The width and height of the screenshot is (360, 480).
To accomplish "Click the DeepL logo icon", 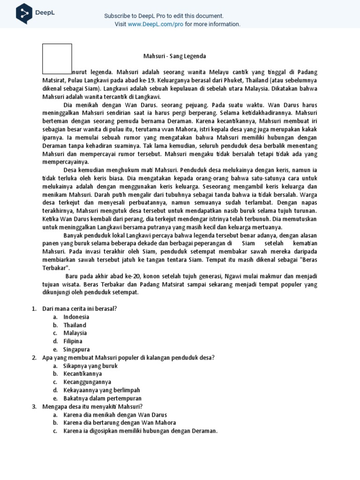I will [x=24, y=14].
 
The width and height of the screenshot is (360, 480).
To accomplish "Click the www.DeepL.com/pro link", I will [x=155, y=24].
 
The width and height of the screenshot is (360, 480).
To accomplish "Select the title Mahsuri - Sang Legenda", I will [x=174, y=56].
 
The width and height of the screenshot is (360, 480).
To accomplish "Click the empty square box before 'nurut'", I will [x=57, y=59].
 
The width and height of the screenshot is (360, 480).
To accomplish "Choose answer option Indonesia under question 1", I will [x=76, y=317].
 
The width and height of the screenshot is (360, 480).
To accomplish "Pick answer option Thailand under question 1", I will [x=75, y=325].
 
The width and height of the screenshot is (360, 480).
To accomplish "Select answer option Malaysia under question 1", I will [x=75, y=333].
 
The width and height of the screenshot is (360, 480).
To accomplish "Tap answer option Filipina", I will [x=73, y=341].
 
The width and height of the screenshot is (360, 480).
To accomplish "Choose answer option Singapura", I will [x=76, y=349].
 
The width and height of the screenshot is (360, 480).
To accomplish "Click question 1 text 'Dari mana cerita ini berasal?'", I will [x=80, y=308].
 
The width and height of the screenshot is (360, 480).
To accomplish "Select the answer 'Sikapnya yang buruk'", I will [x=90, y=366].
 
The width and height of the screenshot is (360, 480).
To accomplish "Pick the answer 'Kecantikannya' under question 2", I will [x=82, y=374].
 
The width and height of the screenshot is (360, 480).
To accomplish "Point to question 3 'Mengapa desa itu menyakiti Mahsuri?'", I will [x=92, y=406].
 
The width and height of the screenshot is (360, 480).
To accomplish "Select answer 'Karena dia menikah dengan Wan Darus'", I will [x=115, y=415].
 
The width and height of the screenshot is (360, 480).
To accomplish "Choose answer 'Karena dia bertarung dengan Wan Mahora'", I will [x=120, y=423].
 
